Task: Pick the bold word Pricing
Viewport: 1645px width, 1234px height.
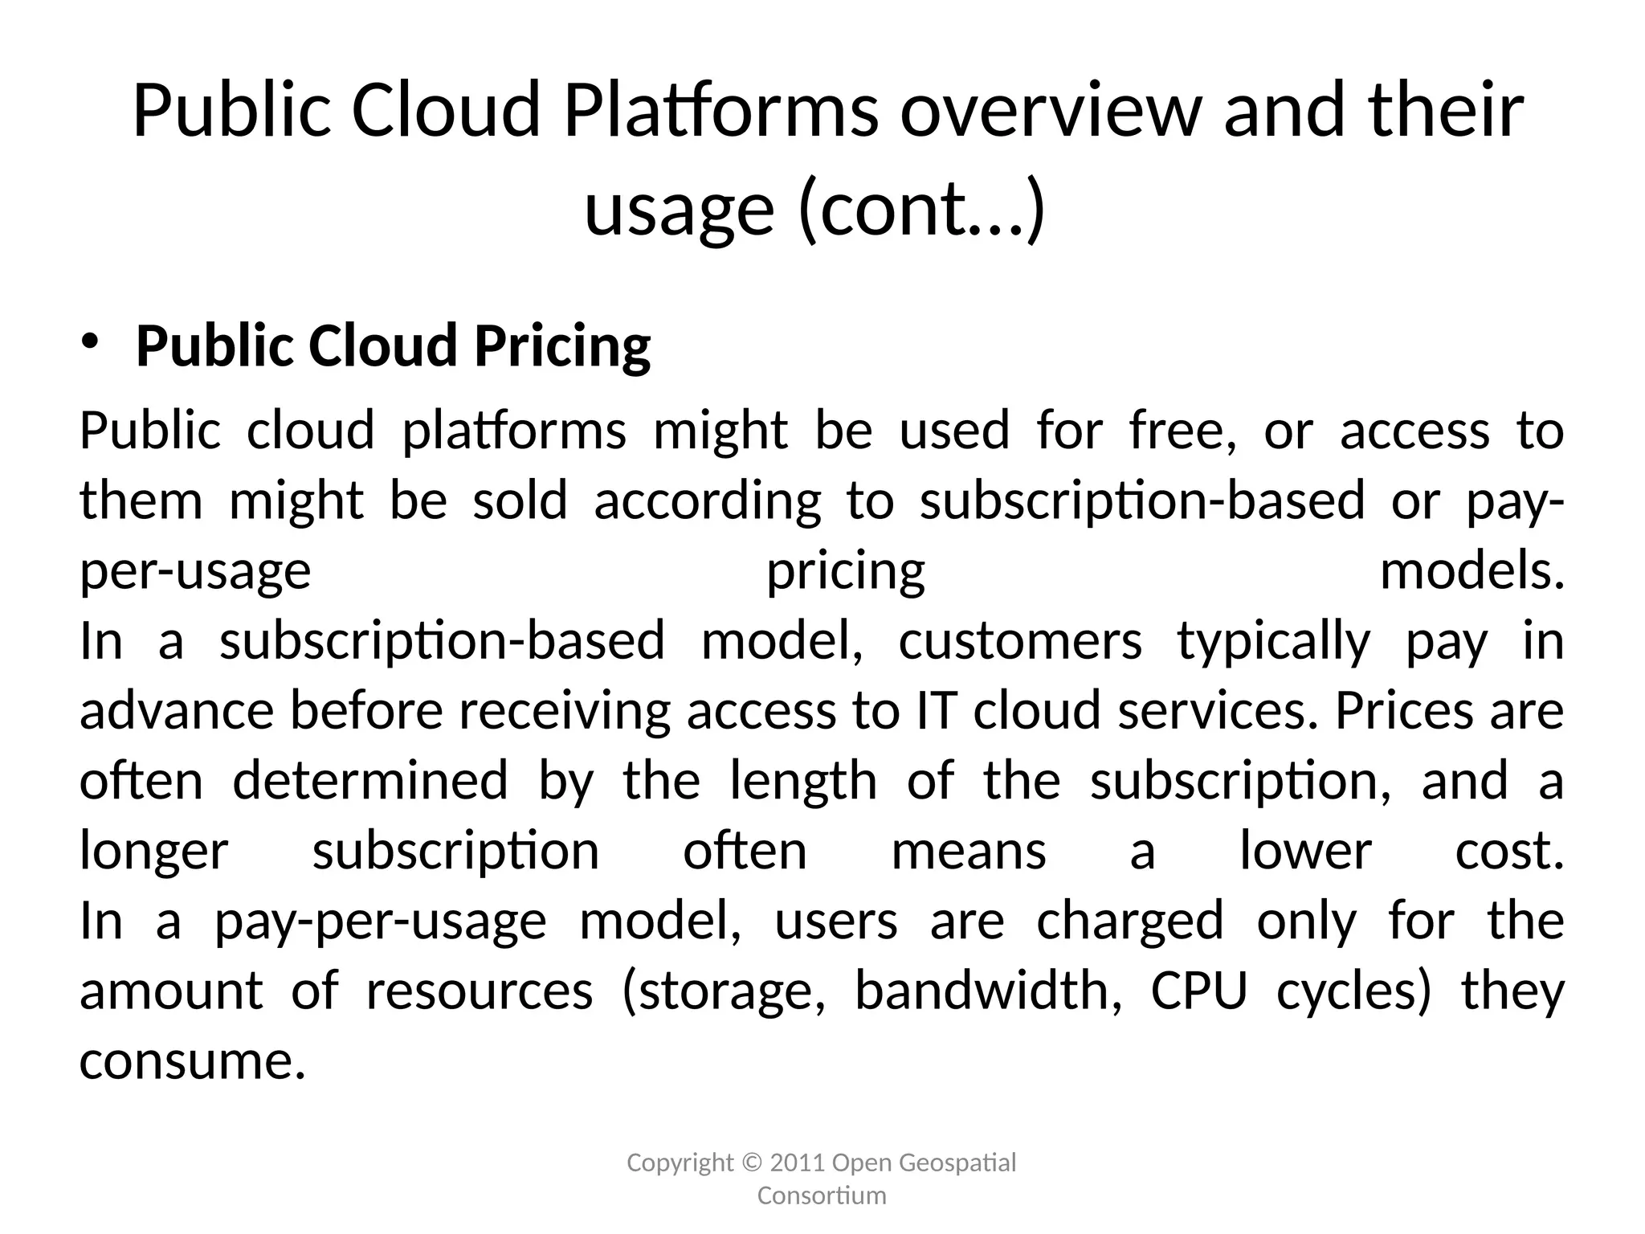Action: (x=562, y=347)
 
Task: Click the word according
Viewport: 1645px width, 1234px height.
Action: (x=708, y=501)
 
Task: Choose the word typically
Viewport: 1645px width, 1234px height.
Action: (x=1274, y=643)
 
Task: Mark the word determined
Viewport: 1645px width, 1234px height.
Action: (x=370, y=781)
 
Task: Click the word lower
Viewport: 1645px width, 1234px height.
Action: (x=1305, y=851)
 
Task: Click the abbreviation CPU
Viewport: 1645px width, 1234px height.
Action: (x=1199, y=991)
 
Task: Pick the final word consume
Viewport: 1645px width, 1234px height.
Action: (x=193, y=1061)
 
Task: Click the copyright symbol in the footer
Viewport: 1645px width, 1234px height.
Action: (x=752, y=1162)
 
